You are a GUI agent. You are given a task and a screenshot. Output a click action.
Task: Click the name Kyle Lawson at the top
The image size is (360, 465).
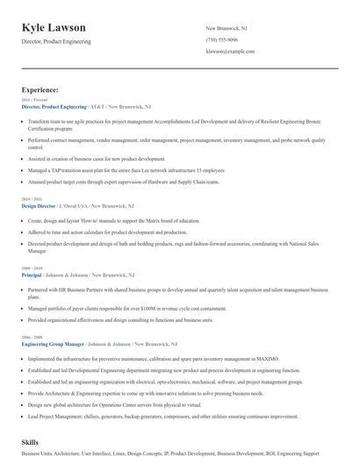[x=60, y=28]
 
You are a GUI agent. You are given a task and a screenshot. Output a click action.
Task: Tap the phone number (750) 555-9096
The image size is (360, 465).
[x=221, y=40]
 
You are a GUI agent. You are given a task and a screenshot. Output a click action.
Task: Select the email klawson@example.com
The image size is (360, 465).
[x=230, y=52]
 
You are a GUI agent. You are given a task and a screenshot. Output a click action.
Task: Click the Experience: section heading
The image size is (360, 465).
[x=40, y=89]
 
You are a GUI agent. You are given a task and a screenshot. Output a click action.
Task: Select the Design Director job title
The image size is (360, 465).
[x=39, y=205]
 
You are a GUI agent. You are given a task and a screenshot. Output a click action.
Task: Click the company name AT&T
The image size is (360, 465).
[x=110, y=106]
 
